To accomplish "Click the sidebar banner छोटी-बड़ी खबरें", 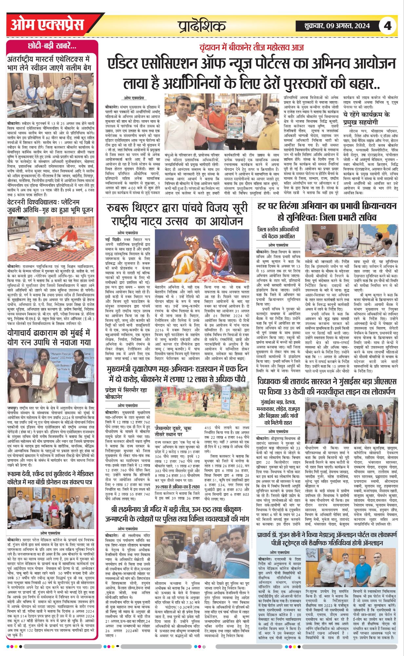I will [x=52, y=46].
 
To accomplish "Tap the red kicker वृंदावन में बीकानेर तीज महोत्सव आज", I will [x=252, y=47].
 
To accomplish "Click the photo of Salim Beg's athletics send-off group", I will [x=50, y=91].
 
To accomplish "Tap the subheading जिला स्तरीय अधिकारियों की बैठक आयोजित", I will [x=278, y=233].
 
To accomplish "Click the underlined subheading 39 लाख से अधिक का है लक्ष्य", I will [x=177, y=486].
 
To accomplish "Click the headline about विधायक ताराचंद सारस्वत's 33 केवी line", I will [x=327, y=387].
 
